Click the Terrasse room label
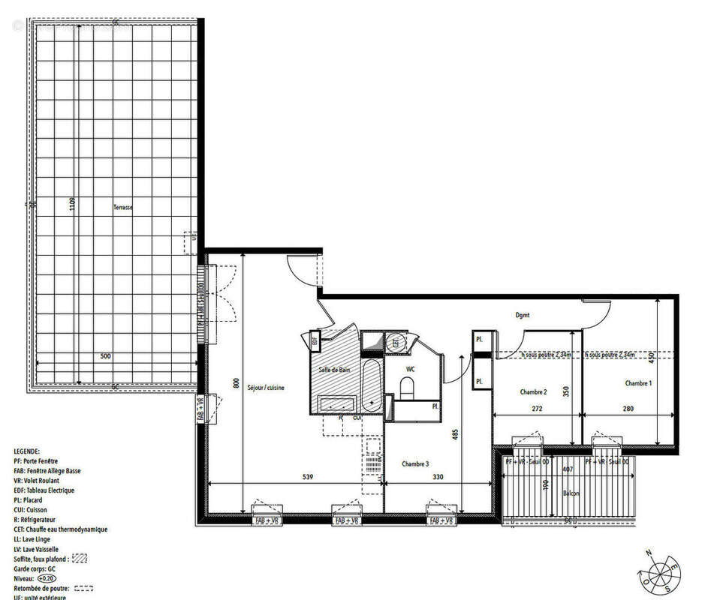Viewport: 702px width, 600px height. (x=123, y=208)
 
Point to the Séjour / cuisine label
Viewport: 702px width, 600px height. (x=266, y=387)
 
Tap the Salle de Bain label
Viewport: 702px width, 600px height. (x=334, y=370)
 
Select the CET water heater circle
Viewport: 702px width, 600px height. (x=396, y=343)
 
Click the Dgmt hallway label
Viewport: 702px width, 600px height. (x=523, y=315)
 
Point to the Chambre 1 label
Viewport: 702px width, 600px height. (x=638, y=383)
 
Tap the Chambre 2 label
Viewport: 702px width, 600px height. (x=533, y=391)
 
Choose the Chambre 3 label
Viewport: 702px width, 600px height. (x=414, y=463)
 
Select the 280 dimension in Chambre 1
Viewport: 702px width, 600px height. (x=628, y=409)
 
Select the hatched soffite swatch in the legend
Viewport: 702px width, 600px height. (x=79, y=559)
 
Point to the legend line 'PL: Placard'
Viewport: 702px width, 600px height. (x=35, y=500)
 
